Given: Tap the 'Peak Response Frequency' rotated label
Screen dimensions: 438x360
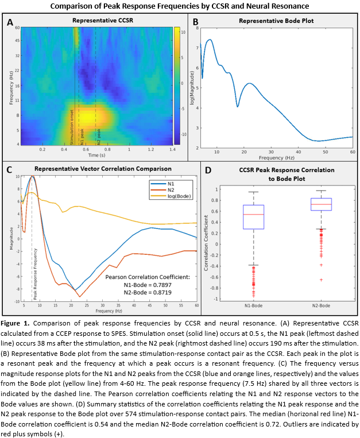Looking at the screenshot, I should [36, 274].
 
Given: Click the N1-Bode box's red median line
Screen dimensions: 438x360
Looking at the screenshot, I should [254, 214].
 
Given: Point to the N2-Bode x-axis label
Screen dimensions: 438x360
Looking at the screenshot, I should [321, 306].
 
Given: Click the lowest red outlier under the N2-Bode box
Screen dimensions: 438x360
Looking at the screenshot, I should [321, 280].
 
